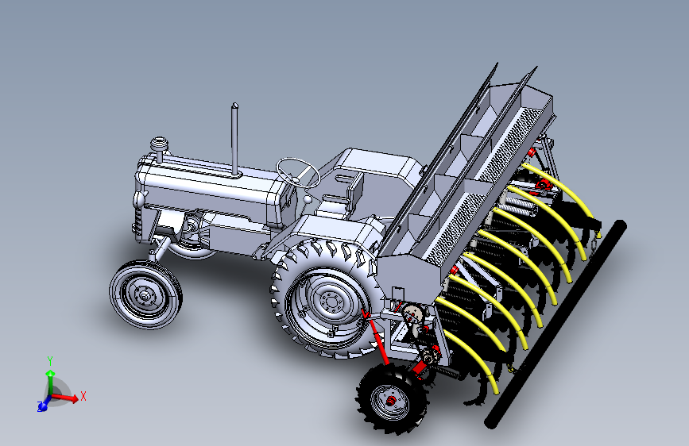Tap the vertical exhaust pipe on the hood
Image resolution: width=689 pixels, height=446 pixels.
click(x=234, y=140)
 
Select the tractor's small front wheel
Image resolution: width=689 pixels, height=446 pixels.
click(x=145, y=294)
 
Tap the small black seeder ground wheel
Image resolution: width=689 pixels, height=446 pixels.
click(x=392, y=398)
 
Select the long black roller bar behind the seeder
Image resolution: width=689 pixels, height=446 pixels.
click(x=555, y=324)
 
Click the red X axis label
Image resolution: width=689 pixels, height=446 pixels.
click(x=83, y=396)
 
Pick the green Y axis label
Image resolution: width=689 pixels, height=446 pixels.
click(x=50, y=361)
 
